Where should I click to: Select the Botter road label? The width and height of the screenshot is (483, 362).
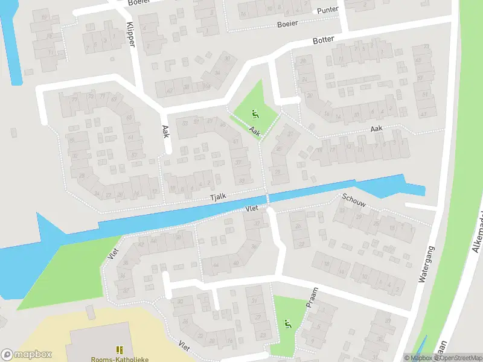pos(324,40)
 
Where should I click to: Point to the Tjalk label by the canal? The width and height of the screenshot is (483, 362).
pos(217,197)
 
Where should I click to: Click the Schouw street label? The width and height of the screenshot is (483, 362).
pos(354,201)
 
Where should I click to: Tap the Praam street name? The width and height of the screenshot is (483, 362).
pos(312,298)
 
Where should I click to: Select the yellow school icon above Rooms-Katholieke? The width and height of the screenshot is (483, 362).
pos(120,350)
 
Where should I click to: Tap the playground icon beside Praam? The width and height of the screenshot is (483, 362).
pos(288,324)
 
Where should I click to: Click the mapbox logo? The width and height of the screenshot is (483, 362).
pos(27,355)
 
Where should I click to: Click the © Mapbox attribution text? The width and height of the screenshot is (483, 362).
pos(418,358)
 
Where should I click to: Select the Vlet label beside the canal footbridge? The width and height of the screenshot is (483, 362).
pos(252,209)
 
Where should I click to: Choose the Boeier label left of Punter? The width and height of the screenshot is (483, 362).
pos(287,24)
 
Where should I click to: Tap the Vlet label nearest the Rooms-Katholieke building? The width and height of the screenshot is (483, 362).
pos(184,345)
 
